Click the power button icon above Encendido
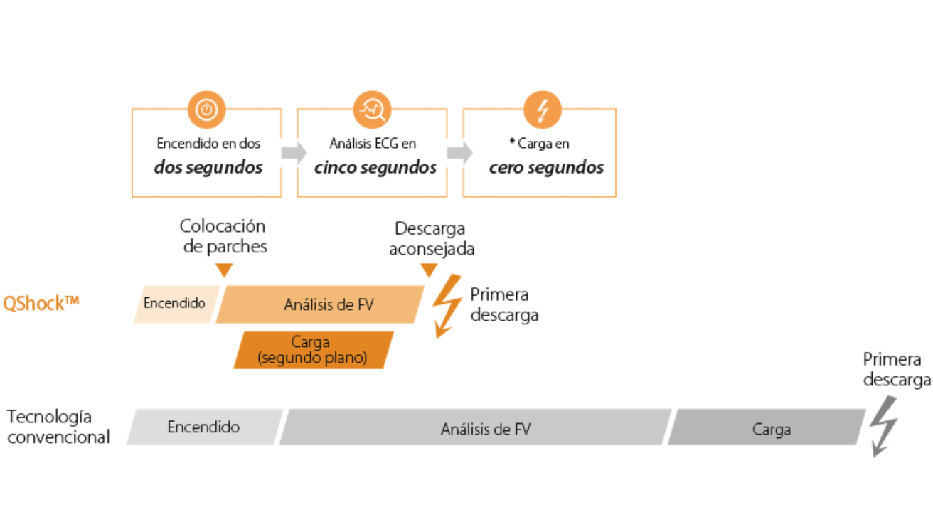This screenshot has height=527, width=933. click(x=206, y=110)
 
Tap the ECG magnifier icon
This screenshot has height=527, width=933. click(x=373, y=110)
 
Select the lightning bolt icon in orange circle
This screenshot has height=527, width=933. click(x=543, y=110)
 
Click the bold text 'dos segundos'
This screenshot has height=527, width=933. click(x=208, y=168)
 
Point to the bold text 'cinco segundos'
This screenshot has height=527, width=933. click(x=375, y=168)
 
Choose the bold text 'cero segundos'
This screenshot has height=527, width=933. click(x=546, y=168)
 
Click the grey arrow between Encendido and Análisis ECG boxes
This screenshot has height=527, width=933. click(x=293, y=152)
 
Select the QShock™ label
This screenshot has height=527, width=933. click(x=41, y=303)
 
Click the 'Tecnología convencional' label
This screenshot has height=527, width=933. click(x=58, y=427)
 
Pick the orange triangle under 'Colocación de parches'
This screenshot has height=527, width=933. click(x=224, y=270)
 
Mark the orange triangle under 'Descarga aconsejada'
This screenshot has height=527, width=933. click(x=429, y=270)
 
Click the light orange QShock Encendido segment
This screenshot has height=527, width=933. click(x=175, y=304)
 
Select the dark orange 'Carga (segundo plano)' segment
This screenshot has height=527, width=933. click(x=313, y=350)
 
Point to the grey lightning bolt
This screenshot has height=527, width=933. click(x=884, y=425)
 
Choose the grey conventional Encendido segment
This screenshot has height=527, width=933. click(x=204, y=427)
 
